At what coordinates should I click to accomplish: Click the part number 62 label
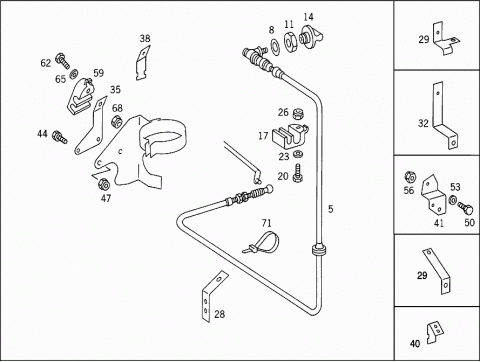(46, 63)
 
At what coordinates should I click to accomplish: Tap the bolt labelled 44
(60, 137)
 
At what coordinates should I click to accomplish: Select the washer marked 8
(275, 45)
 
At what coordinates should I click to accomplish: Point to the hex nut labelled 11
(289, 42)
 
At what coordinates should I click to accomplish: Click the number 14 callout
(309, 17)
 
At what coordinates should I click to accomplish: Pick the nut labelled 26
(297, 114)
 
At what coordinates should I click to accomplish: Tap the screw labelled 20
(298, 173)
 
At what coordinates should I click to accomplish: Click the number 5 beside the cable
(330, 209)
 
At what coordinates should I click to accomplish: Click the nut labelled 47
(103, 184)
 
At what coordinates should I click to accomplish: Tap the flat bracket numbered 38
(142, 63)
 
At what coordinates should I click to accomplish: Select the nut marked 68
(116, 121)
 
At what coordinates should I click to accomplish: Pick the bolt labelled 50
(466, 209)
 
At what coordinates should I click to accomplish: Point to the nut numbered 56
(409, 177)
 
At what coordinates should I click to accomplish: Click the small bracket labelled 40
(435, 332)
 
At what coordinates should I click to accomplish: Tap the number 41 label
(439, 223)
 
